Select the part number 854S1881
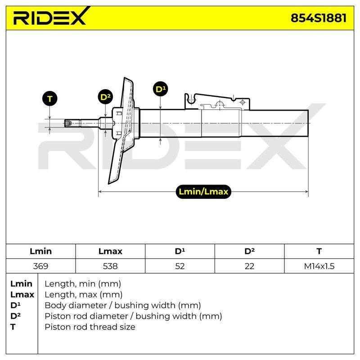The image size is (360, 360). pyautogui.click(x=319, y=18)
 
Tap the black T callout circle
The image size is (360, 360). pyautogui.click(x=49, y=99)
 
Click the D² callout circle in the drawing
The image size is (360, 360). pyautogui.click(x=105, y=97)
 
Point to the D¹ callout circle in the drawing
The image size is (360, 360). pyautogui.click(x=161, y=89)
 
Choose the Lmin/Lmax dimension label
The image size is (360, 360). pyautogui.click(x=203, y=192)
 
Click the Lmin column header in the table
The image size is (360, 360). pyautogui.click(x=40, y=251)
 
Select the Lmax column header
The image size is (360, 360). pyautogui.click(x=110, y=251)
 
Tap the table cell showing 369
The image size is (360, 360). pyautogui.click(x=40, y=266)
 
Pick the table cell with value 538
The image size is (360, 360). pyautogui.click(x=110, y=266)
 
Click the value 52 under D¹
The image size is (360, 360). pyautogui.click(x=180, y=266)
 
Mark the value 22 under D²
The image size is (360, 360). pyautogui.click(x=249, y=266)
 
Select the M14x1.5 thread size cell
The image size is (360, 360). pyautogui.click(x=319, y=266)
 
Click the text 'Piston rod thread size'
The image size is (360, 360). pyautogui.click(x=90, y=327)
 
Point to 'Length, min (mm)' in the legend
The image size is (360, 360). pyautogui.click(x=83, y=284)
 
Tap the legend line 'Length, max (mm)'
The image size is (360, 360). pyautogui.click(x=84, y=295)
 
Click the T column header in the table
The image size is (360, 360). pyautogui.click(x=319, y=251)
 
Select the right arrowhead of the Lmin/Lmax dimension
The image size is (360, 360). pyautogui.click(x=306, y=192)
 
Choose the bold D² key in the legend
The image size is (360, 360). pyautogui.click(x=15, y=316)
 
